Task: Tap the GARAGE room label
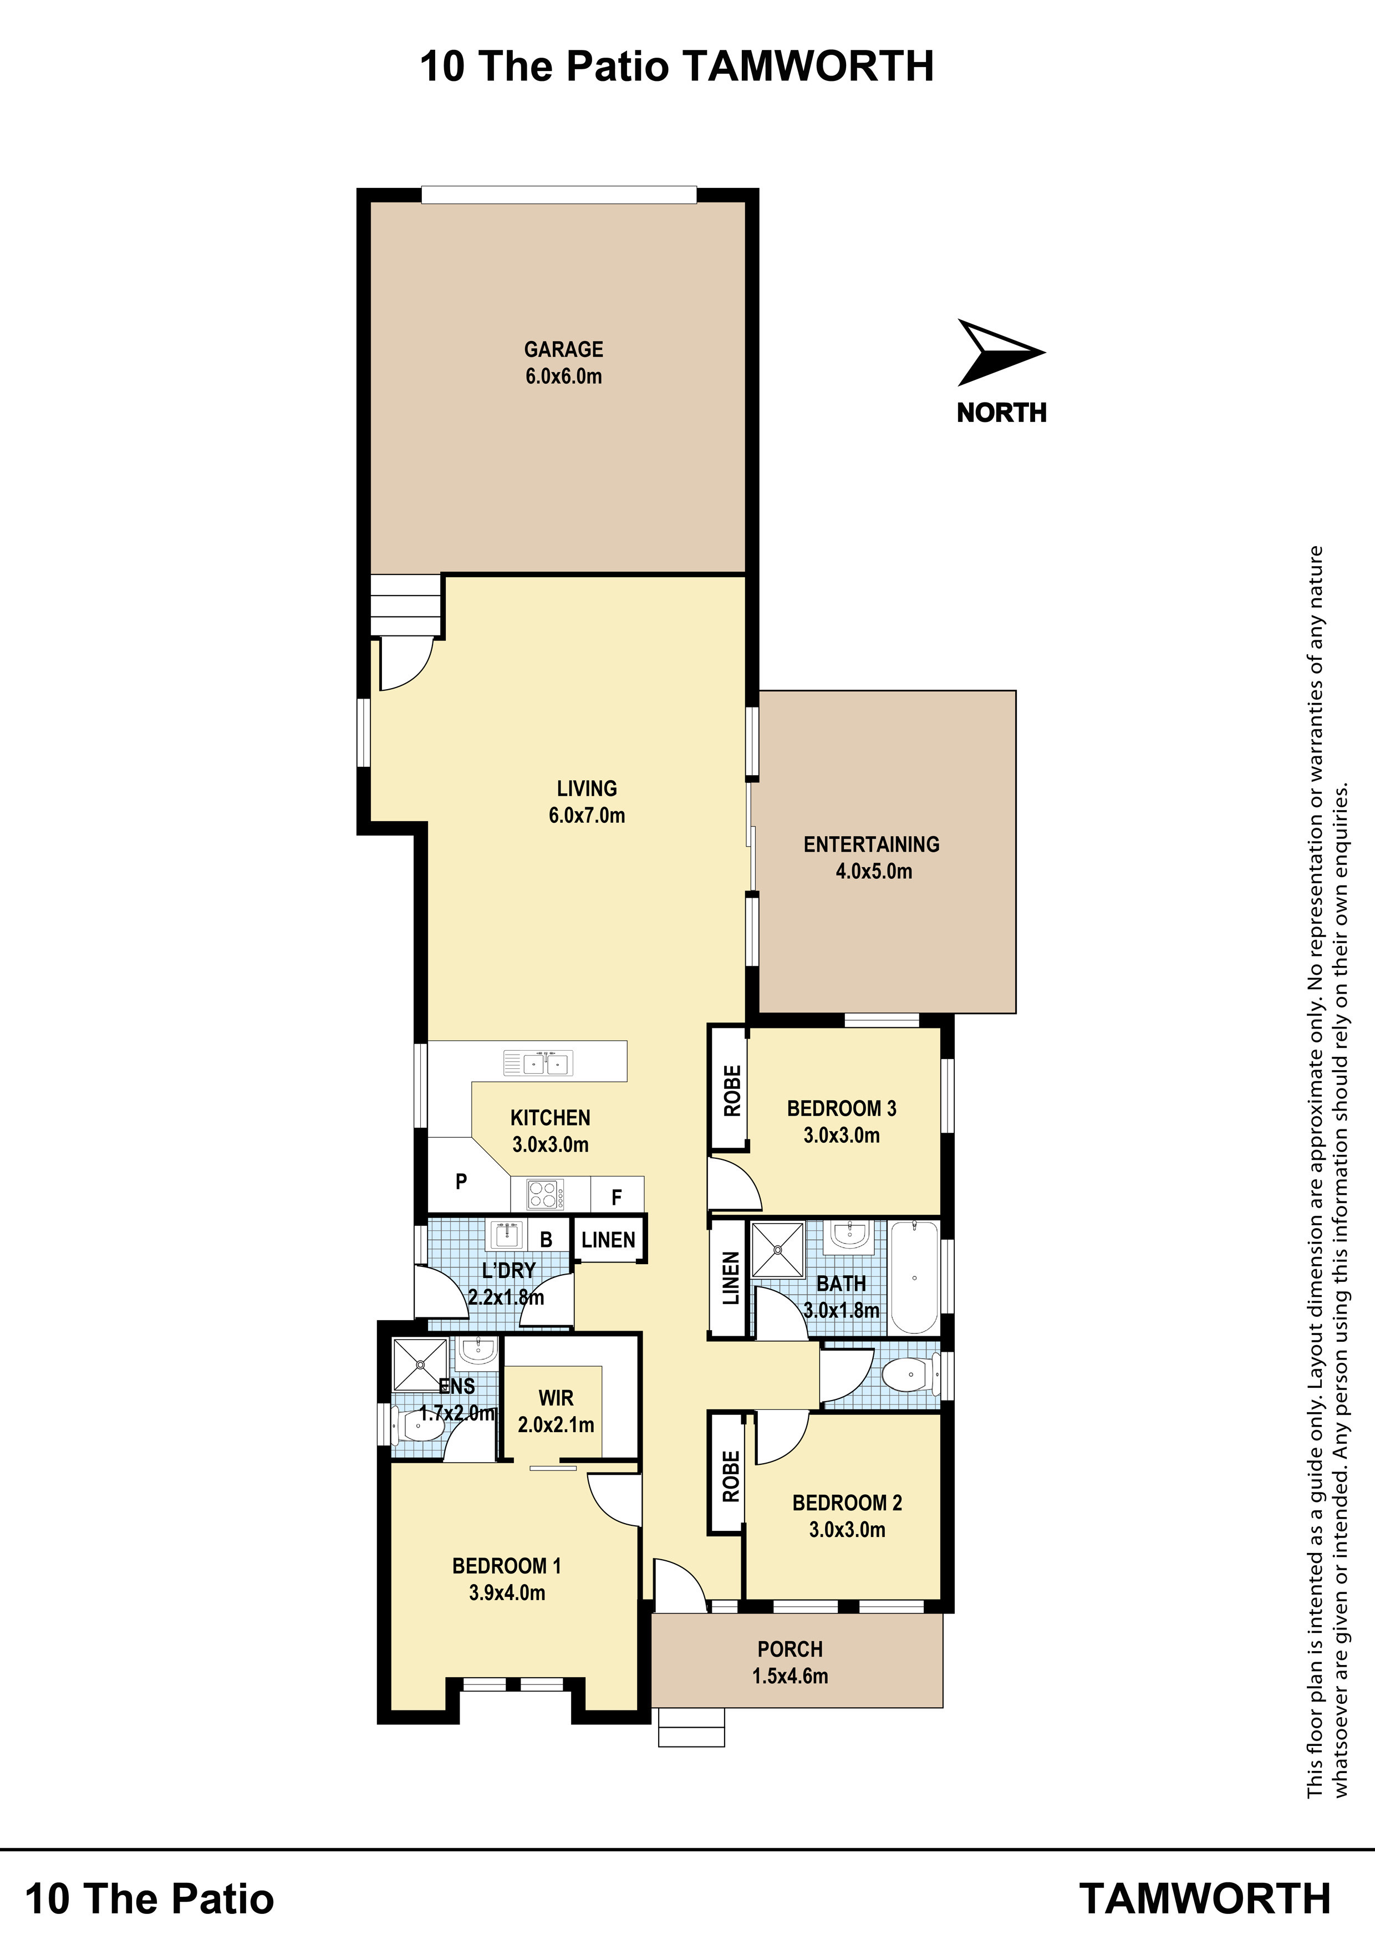[x=563, y=349]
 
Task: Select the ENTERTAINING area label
[x=872, y=844]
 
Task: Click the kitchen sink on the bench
[x=538, y=1062]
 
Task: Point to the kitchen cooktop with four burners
[x=542, y=1194]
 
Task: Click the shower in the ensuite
[x=420, y=1364]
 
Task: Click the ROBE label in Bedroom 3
[x=732, y=1090]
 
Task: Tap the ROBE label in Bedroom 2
[x=731, y=1476]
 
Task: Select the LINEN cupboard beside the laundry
[x=608, y=1240]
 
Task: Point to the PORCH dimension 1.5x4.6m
[x=790, y=1676]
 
